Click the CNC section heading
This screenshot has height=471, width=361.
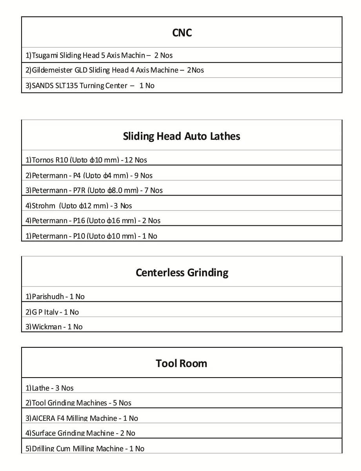(x=182, y=33)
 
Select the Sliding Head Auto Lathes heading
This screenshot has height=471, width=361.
(x=181, y=136)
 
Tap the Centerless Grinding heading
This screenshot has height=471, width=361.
(x=182, y=273)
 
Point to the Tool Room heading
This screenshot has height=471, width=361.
(x=181, y=363)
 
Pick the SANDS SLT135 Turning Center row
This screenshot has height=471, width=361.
(x=90, y=86)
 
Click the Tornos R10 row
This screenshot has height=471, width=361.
(x=86, y=160)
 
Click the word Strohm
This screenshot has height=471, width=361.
(x=43, y=206)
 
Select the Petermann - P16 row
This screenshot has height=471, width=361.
(x=93, y=221)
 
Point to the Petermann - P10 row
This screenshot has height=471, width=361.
(x=91, y=236)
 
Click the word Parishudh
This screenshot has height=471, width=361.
(x=48, y=297)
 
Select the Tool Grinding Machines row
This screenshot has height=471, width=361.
(x=78, y=403)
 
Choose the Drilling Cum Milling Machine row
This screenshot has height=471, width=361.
(x=85, y=448)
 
